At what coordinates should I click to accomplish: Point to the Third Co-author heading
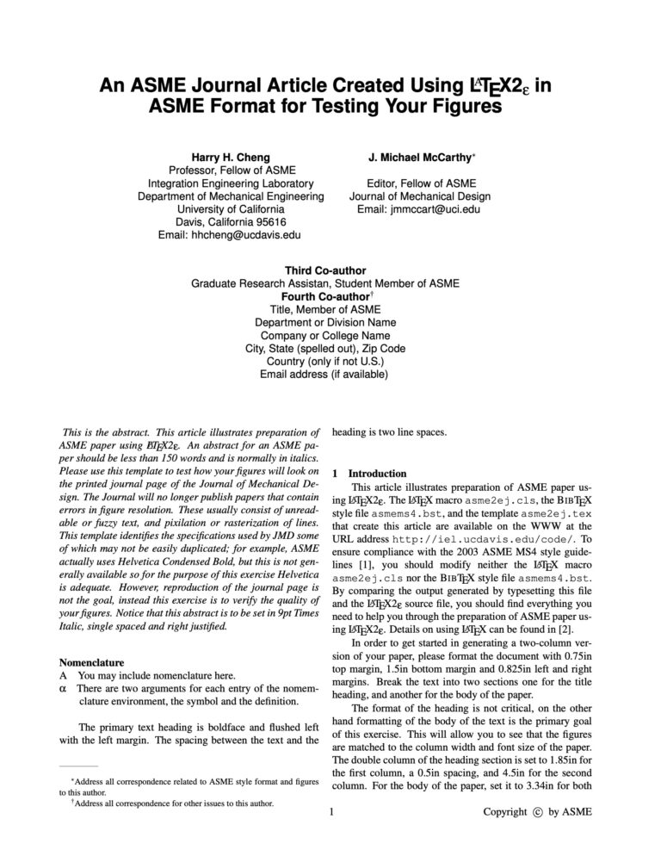(x=325, y=270)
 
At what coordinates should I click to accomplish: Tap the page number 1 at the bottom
(x=331, y=812)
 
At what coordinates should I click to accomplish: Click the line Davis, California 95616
(x=231, y=222)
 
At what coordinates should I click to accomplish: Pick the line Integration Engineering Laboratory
(x=231, y=183)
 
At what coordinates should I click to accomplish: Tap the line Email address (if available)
(x=325, y=375)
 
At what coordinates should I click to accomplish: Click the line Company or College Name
(x=325, y=336)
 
